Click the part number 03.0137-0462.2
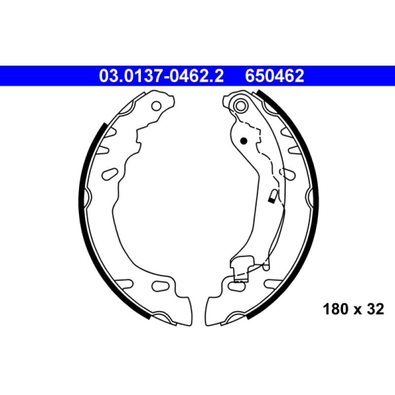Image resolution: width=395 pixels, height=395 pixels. tap(161, 76)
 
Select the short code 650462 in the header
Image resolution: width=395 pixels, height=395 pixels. tap(275, 76)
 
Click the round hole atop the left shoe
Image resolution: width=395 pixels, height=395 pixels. tap(156, 105)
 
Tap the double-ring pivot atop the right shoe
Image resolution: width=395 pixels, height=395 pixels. tap(240, 105)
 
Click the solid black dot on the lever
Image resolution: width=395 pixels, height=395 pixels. tap(243, 140)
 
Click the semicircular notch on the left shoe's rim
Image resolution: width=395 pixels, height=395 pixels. tap(88, 198)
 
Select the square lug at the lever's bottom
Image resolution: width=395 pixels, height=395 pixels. tap(240, 271)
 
